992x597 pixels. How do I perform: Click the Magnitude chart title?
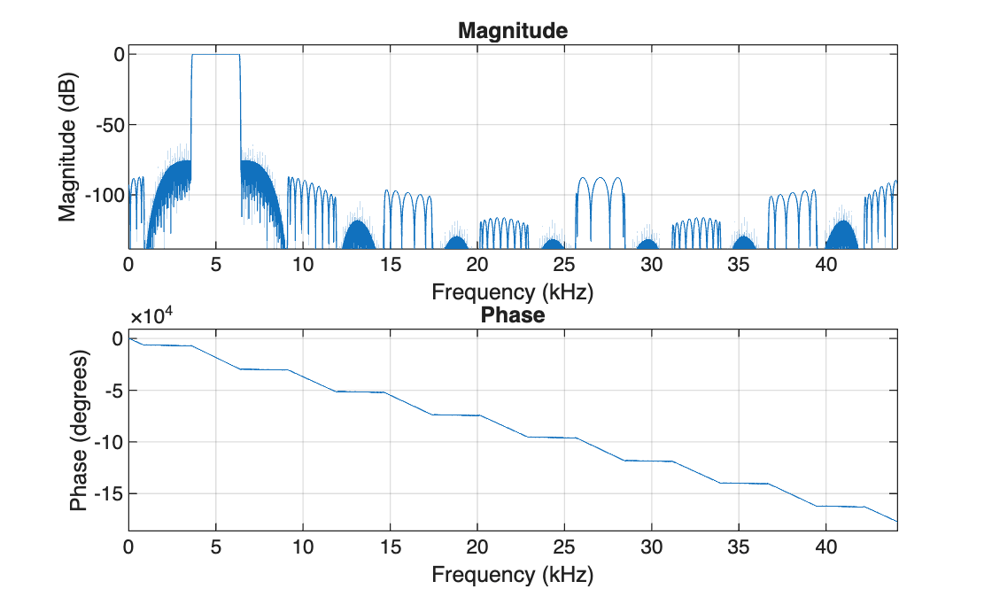tap(512, 31)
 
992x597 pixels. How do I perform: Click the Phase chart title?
tap(512, 315)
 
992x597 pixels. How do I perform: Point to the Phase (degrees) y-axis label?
tap(79, 431)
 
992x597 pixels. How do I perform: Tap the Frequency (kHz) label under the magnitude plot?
tap(512, 291)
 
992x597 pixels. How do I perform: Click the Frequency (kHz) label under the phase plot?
tap(512, 575)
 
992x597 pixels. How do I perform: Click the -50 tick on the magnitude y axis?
tap(105, 124)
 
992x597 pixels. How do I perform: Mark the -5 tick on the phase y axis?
tap(111, 390)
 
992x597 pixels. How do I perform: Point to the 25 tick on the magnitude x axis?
tap(564, 264)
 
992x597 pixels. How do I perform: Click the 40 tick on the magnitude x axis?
tap(826, 264)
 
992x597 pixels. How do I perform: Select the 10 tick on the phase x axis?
tap(303, 549)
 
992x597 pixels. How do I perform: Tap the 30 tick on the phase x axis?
tap(652, 549)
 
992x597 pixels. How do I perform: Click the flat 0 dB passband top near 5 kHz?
tap(215, 55)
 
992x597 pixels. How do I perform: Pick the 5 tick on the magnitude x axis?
tap(215, 264)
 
